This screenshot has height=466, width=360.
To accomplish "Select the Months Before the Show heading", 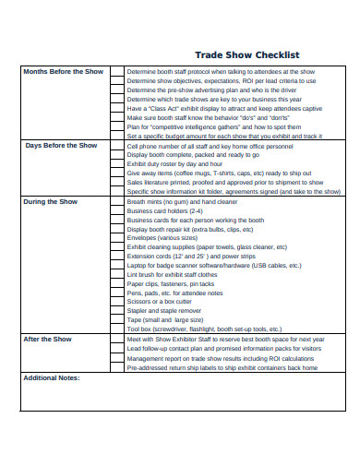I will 63,71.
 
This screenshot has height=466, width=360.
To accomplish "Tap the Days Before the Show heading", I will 61,145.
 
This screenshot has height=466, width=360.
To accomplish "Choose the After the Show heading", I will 47,339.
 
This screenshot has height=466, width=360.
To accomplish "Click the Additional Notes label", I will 52,377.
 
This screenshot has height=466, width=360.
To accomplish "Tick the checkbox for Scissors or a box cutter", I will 116,302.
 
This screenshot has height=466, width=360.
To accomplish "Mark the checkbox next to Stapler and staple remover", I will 116,311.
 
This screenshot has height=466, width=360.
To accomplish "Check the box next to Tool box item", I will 116,329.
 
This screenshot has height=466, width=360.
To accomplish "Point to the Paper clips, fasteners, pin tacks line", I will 171,284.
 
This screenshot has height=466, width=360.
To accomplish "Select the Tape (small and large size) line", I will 167,320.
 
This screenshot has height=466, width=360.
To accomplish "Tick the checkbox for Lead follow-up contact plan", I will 116,349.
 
